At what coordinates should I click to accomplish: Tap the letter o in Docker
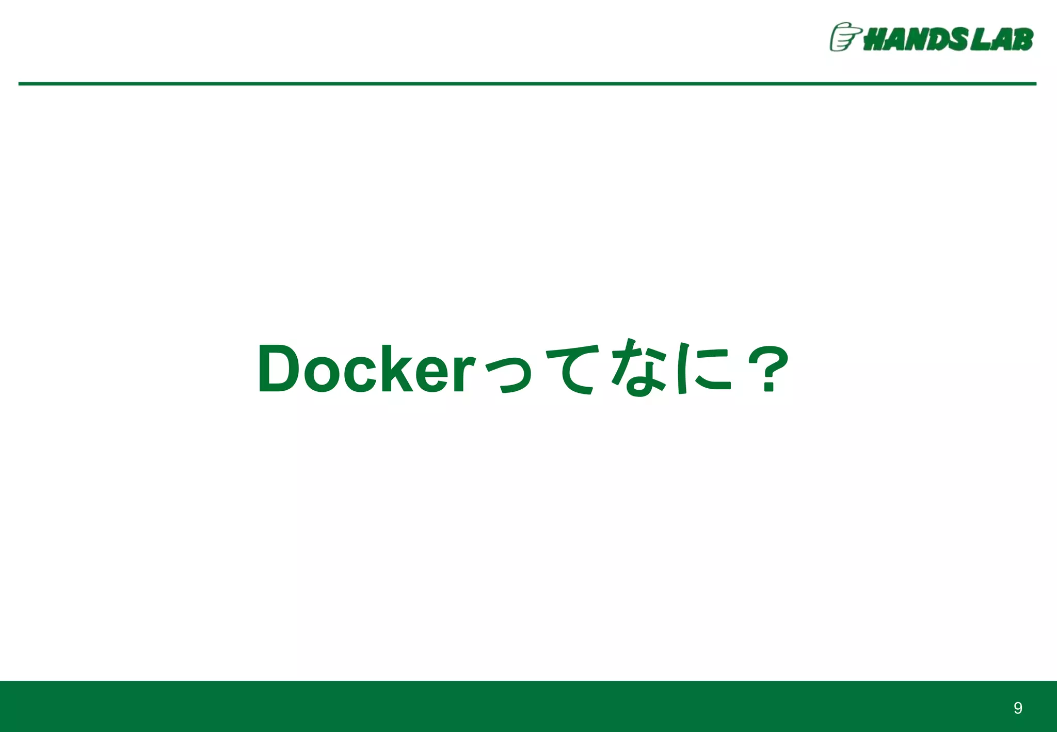[321, 373]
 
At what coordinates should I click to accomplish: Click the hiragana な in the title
[638, 368]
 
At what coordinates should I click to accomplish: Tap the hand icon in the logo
[843, 37]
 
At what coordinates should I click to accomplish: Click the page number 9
[1018, 708]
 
